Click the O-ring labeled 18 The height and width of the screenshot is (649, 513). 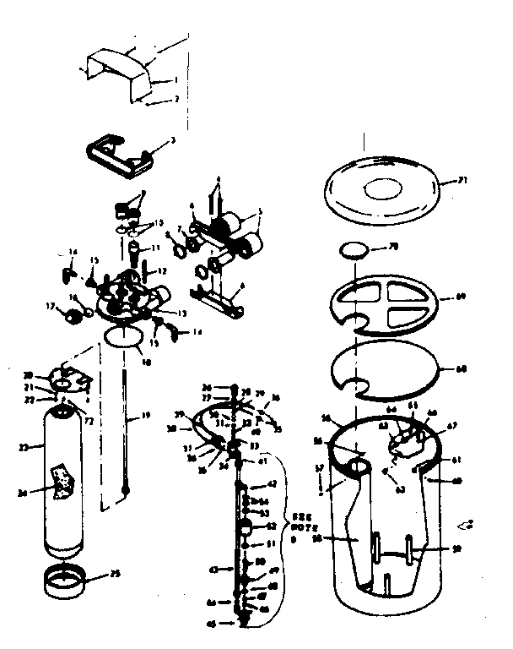point(125,337)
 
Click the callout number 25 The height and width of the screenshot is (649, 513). point(116,575)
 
